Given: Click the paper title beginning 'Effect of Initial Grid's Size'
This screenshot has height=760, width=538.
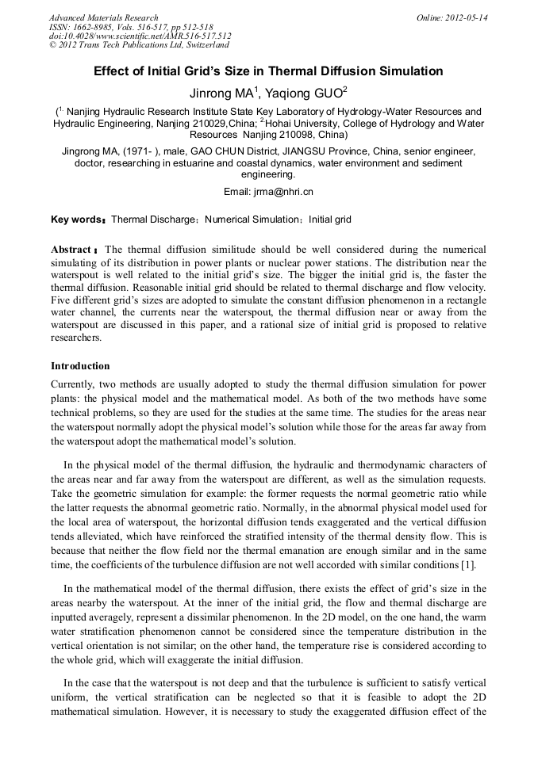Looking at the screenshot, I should [268, 71].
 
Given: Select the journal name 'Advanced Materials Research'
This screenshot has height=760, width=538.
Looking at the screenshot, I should [103, 17].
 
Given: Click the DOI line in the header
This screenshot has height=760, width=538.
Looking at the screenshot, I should [140, 36].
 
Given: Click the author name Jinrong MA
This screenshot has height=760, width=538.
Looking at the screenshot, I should [223, 93].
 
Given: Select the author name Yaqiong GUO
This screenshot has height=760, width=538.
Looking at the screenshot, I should [306, 93].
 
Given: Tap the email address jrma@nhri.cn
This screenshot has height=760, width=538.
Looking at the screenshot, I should [282, 192].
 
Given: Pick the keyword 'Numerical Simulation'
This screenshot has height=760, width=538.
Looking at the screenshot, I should [250, 220].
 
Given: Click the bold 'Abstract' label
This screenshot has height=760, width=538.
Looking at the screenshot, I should [71, 250].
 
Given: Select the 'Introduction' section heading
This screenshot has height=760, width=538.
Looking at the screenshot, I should [80, 366].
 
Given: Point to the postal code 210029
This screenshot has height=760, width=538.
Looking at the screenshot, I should [206, 124].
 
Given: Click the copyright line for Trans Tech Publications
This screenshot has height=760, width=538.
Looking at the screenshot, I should [139, 45].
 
